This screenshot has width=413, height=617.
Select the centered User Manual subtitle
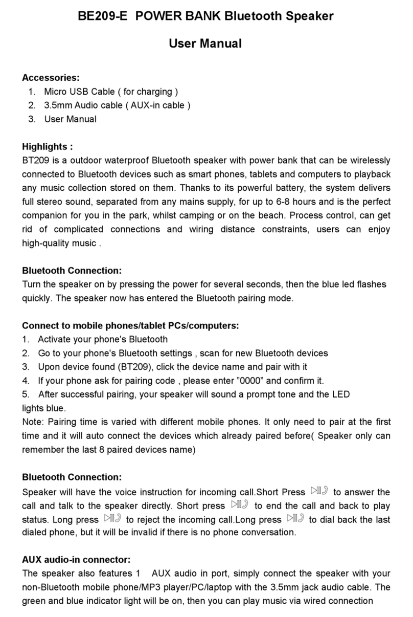point(205,44)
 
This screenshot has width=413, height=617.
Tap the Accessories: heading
point(51,78)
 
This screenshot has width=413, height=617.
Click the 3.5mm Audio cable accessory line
point(117,106)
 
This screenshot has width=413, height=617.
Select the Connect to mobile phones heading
point(130,325)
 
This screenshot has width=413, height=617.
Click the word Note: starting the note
point(33,422)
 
